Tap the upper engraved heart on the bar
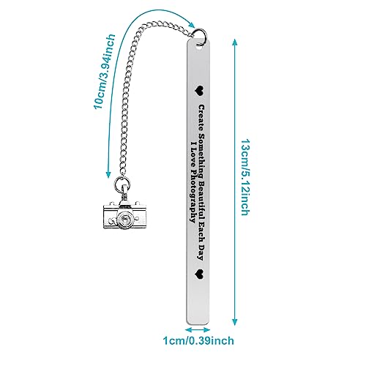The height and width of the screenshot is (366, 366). pos(200,91)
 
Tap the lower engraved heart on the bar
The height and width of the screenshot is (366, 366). pos(200,274)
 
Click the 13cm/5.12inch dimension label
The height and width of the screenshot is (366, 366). pos(245,177)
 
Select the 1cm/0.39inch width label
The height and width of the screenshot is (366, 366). pos(198,340)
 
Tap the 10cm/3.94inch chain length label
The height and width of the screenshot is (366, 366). pos(105,71)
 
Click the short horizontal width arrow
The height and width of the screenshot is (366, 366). pos(198,329)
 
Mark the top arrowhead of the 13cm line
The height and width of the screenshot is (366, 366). pos(234,42)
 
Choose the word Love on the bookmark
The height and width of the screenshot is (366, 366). pos(193,156)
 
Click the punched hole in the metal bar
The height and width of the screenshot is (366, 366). pos(200,48)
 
